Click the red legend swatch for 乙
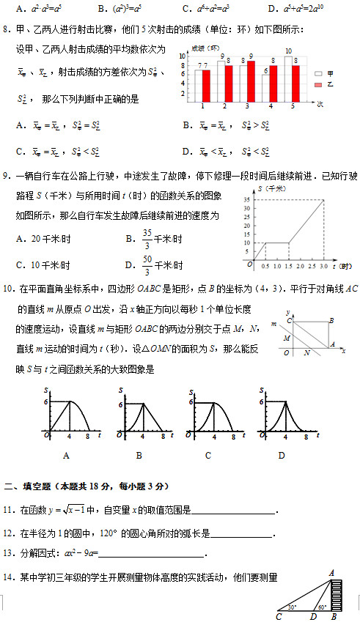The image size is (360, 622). [x=317, y=86]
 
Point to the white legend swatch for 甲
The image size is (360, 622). [x=317, y=74]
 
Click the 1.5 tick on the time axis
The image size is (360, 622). [x=289, y=266]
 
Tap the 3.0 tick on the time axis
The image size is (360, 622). [x=323, y=266]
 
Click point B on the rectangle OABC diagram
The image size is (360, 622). [x=331, y=321]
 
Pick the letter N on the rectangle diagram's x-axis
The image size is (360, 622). [x=306, y=352]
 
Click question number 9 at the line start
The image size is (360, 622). [x=6, y=177]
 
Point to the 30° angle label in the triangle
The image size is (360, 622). [x=292, y=607]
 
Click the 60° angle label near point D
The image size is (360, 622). [x=320, y=607]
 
